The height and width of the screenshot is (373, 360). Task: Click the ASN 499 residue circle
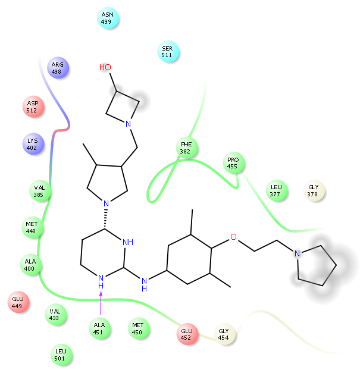pos(108,18)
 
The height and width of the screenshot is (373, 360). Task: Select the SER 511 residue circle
pos(167,52)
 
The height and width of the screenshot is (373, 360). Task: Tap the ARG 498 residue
pos(57,68)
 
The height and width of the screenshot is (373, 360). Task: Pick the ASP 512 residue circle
pos(32,106)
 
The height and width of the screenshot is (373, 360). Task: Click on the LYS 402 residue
pos(32,144)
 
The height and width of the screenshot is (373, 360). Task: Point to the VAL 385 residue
pos(39,190)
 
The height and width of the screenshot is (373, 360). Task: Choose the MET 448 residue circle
pos(32,227)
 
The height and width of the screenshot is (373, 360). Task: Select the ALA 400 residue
pos(30,265)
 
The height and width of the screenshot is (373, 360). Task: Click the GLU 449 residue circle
pos(17,302)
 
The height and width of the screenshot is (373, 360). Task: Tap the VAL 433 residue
pos(55,314)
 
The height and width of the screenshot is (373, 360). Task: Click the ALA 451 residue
pos(99,328)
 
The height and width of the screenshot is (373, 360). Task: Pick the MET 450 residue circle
pos(138,328)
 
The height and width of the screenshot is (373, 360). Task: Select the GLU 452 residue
pos(187,334)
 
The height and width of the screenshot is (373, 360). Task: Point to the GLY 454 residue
pos(224,334)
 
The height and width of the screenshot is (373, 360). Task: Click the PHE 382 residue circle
pos(186,148)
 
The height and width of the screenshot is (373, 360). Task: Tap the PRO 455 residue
pos(233,163)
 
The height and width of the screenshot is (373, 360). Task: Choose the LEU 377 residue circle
pos(275,190)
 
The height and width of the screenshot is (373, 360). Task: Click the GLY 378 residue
pos(314,190)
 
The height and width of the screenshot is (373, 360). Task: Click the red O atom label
pos(233,237)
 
